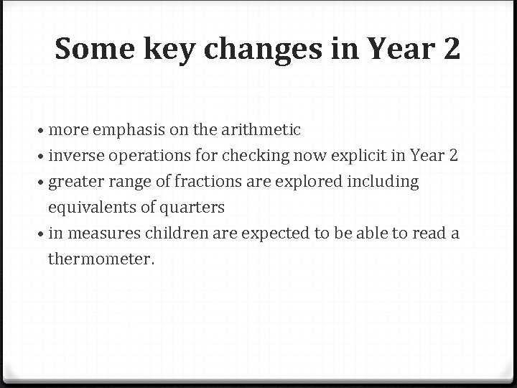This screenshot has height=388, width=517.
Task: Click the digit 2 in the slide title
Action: (450, 49)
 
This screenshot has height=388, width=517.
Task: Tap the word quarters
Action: (192, 208)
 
